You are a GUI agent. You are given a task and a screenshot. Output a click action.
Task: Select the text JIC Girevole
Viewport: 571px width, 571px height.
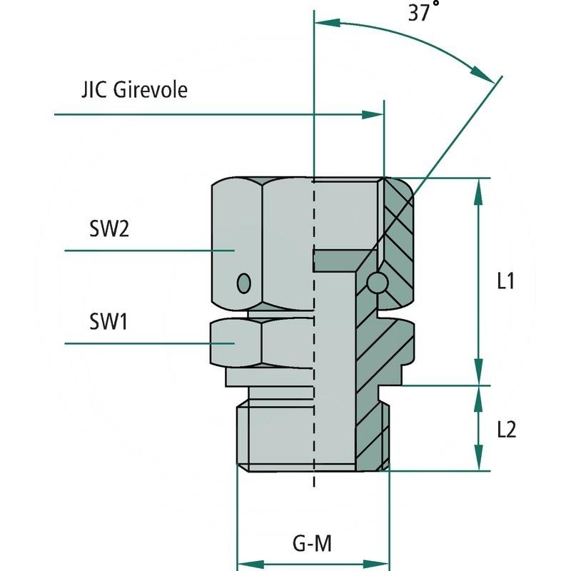coord(133,91)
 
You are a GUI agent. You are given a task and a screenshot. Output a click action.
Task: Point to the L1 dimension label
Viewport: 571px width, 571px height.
coord(505,281)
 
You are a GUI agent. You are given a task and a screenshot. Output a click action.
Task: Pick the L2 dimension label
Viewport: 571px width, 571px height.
coord(505,429)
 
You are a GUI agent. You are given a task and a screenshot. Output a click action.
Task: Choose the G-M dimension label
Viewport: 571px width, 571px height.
coord(313,545)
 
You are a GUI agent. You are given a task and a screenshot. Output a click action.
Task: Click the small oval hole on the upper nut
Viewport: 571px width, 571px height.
coord(244,283)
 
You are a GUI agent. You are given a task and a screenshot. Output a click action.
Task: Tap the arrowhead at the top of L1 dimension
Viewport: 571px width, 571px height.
coord(479,188)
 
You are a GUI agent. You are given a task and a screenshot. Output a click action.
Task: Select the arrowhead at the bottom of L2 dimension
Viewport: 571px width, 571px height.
coord(479,460)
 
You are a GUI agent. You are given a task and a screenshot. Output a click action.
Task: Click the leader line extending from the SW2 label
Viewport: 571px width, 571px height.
coord(143,251)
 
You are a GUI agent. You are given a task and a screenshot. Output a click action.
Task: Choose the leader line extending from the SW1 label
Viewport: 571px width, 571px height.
coord(143,343)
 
